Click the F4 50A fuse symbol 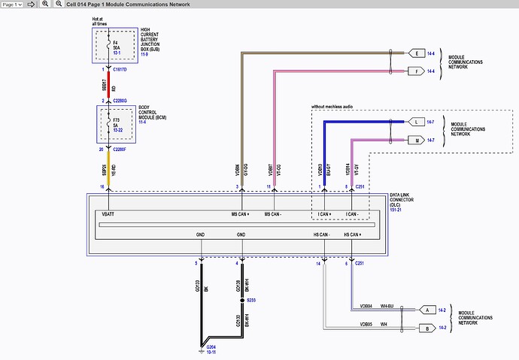108,43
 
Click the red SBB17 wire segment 108,84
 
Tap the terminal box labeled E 417,53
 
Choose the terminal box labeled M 417,140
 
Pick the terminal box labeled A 426,309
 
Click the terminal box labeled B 426,328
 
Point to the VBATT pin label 109,213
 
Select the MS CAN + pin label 241,213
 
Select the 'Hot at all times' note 100,22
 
